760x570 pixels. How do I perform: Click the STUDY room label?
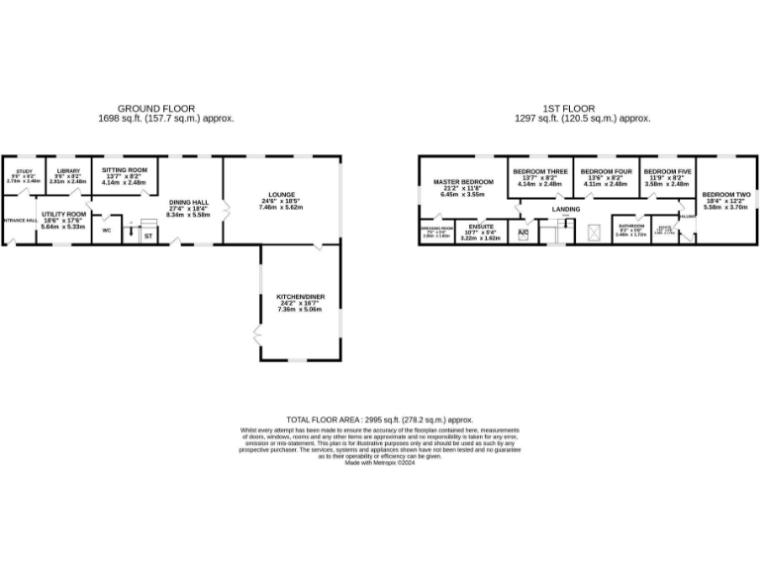(x=24, y=171)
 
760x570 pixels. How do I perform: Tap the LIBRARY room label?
(x=67, y=171)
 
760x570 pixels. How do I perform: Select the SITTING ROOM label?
(x=124, y=170)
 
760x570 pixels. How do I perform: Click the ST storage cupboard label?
(x=148, y=237)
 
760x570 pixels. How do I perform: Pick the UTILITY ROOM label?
(x=63, y=214)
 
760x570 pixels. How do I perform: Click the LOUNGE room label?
(x=281, y=194)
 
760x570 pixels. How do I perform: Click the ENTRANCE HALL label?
(x=19, y=220)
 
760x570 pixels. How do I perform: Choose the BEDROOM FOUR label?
(x=606, y=171)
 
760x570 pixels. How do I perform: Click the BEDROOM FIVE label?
(x=666, y=171)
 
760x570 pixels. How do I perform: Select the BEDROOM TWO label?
(x=726, y=195)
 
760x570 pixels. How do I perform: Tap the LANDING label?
(x=566, y=209)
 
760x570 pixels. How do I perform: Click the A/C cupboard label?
(x=523, y=233)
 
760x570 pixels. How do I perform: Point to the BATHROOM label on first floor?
(x=631, y=226)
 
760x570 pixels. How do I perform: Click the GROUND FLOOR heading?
(x=156, y=108)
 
